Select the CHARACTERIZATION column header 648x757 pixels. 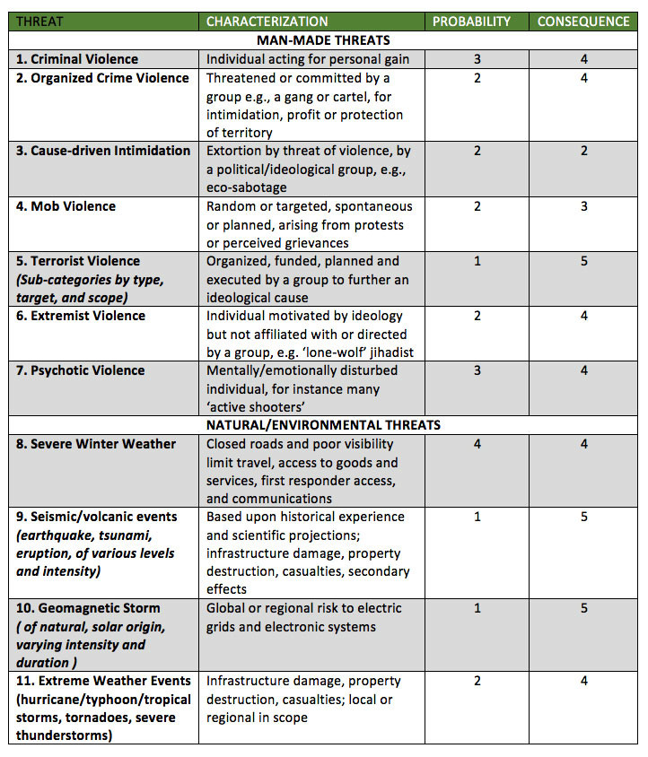coord(267,22)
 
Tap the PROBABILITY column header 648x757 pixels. coord(471,22)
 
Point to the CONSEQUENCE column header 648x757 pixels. coord(583,22)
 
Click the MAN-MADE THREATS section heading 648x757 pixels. coord(323,40)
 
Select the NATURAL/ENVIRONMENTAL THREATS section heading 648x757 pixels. coord(323,425)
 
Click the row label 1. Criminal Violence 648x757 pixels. coord(77,59)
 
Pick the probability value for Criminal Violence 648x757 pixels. coord(477,59)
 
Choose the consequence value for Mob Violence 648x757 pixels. coord(584,206)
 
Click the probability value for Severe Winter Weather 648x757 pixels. coord(477,444)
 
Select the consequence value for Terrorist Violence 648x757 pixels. coord(584,261)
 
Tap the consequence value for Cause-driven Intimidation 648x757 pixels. coord(584,151)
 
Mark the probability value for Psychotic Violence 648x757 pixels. coord(477,370)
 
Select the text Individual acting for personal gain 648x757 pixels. coord(308,59)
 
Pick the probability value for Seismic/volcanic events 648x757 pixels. coord(477,517)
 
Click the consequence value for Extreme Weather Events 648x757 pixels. coord(584,681)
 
